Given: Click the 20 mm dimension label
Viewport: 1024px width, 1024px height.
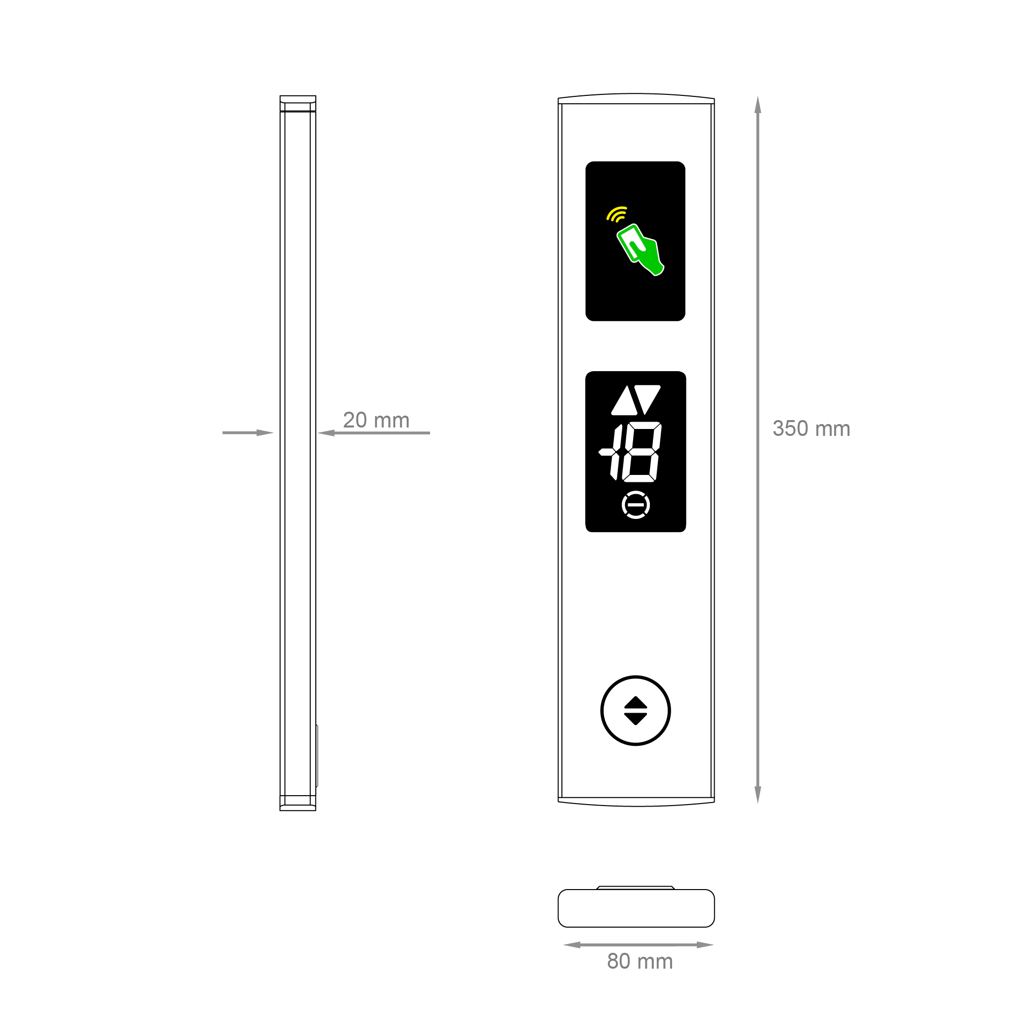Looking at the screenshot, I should point(376,420).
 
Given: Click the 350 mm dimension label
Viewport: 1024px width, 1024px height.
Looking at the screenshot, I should point(811,429).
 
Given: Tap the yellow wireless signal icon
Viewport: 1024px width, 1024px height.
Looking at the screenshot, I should point(617,214).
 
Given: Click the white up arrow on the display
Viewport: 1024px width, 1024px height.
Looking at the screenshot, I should point(624,401).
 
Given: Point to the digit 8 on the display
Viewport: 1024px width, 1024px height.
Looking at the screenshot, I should point(642,452).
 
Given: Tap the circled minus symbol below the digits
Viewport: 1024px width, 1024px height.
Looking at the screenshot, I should point(636,505).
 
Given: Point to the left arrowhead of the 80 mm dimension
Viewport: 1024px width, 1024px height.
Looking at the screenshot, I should point(571,944).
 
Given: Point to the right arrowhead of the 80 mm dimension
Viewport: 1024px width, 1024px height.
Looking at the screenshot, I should point(706,944).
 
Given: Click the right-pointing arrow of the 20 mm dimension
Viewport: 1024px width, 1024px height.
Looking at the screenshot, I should point(264,433).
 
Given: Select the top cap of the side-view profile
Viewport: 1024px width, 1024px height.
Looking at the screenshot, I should point(298,103).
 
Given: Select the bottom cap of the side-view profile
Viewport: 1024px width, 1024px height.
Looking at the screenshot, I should point(298,804).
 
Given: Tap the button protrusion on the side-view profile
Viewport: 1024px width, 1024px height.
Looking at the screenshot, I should point(317,755).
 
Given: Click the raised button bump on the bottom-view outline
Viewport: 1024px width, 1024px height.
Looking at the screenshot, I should point(636,887).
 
